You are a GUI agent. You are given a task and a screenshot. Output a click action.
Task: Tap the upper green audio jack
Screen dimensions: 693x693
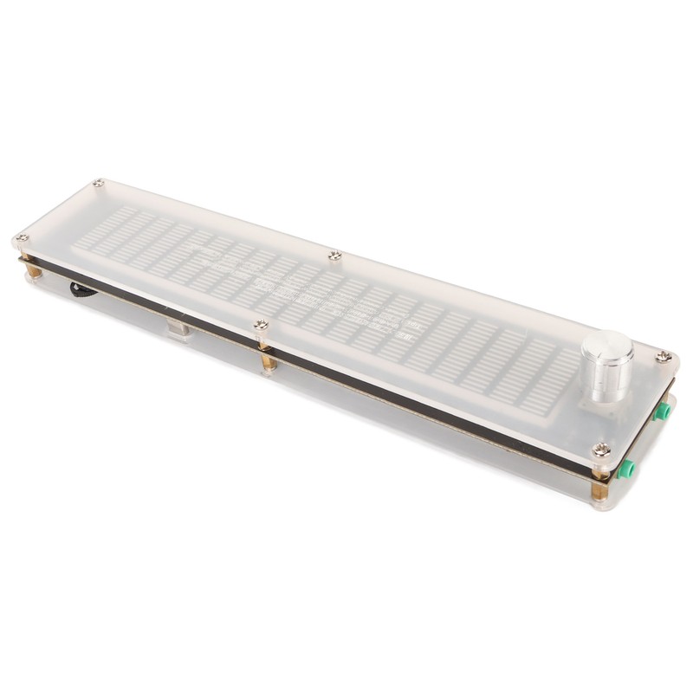(x=662, y=411)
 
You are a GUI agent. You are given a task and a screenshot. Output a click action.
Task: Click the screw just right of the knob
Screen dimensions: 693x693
(x=664, y=356)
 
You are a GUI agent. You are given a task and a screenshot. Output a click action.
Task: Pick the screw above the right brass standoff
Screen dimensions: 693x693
(x=601, y=449)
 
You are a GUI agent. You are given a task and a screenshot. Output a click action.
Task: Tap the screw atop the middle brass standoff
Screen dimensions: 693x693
(x=261, y=325)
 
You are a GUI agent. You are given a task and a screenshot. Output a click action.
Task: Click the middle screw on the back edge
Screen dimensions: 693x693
(x=335, y=255)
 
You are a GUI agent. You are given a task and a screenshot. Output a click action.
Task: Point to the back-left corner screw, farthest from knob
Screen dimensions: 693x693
(x=100, y=183)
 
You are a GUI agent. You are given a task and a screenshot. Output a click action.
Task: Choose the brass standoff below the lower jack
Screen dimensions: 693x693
(x=599, y=489)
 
